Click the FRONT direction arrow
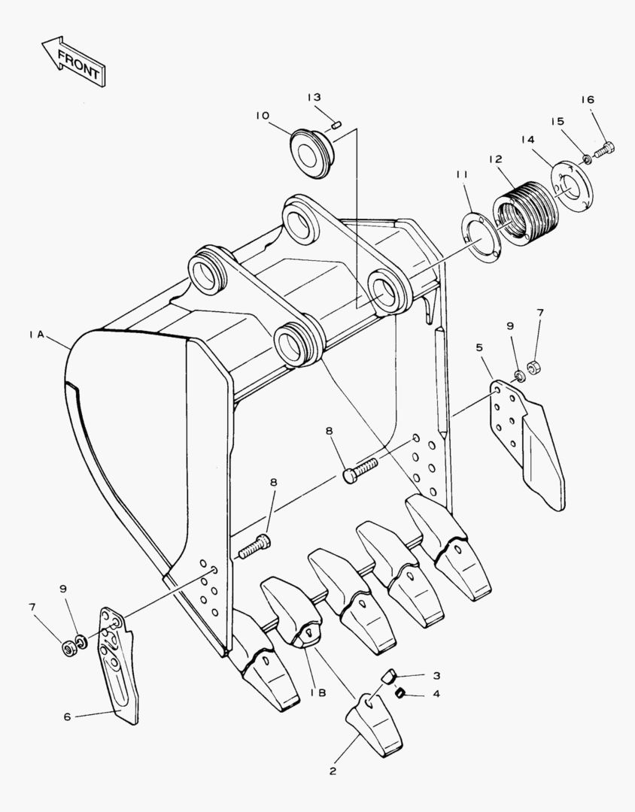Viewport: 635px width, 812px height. click(74, 61)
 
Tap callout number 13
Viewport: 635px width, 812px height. click(314, 97)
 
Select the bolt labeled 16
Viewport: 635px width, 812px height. click(604, 150)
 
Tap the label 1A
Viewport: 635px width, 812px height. click(36, 335)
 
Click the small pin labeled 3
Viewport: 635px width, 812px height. click(389, 675)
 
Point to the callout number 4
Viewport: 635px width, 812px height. click(436, 693)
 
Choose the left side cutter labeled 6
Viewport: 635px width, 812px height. click(119, 665)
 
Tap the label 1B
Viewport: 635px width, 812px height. click(318, 693)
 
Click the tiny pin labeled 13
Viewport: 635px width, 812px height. click(336, 125)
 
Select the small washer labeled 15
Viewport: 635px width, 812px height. click(587, 159)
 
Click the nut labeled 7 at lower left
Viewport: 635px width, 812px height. click(67, 647)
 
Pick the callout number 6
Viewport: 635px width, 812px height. click(67, 717)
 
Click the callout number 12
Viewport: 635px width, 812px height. click(495, 159)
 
